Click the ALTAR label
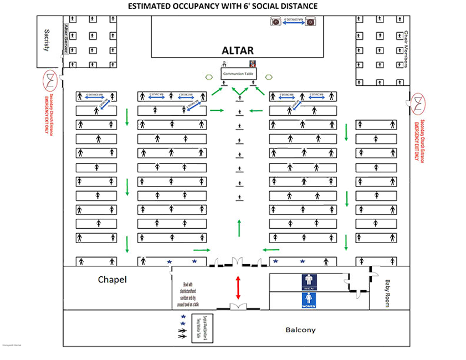tap(238, 52)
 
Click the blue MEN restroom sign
tap(309, 283)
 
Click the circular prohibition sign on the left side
tap(52, 81)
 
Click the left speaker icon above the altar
tap(275, 22)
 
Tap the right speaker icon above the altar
tap(312, 22)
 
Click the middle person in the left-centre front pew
tap(171, 96)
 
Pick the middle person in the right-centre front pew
tap(303, 96)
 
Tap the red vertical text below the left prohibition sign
tap(52, 114)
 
